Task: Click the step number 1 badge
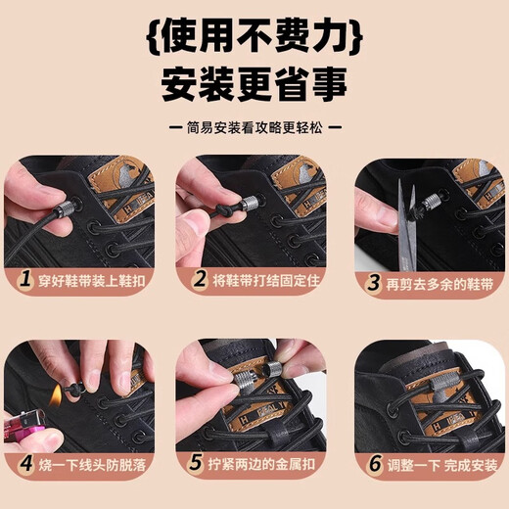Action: [x=27, y=280]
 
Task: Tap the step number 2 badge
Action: [x=201, y=280]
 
